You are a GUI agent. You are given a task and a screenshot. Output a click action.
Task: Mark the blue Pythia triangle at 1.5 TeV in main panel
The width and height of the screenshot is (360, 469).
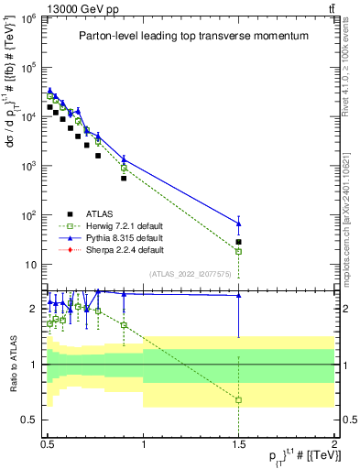239,224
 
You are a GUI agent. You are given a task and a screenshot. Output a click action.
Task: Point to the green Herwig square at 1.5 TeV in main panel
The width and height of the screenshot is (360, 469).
239,251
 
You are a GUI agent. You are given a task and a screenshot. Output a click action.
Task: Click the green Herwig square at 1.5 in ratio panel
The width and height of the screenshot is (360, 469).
239,400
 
